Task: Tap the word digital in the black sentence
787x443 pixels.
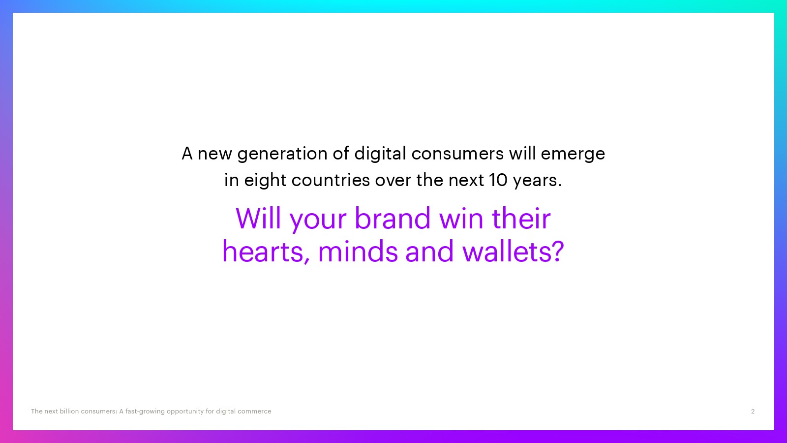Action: (380, 153)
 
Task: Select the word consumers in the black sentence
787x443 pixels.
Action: (457, 154)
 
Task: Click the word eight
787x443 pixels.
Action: (265, 180)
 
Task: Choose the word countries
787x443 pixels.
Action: (330, 180)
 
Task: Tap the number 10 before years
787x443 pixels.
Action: (498, 180)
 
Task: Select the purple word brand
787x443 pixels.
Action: (393, 219)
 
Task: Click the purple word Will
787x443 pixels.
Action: (258, 219)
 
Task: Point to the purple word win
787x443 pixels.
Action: (461, 219)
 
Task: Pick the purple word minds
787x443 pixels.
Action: (358, 251)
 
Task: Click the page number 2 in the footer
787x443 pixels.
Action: (753, 411)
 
